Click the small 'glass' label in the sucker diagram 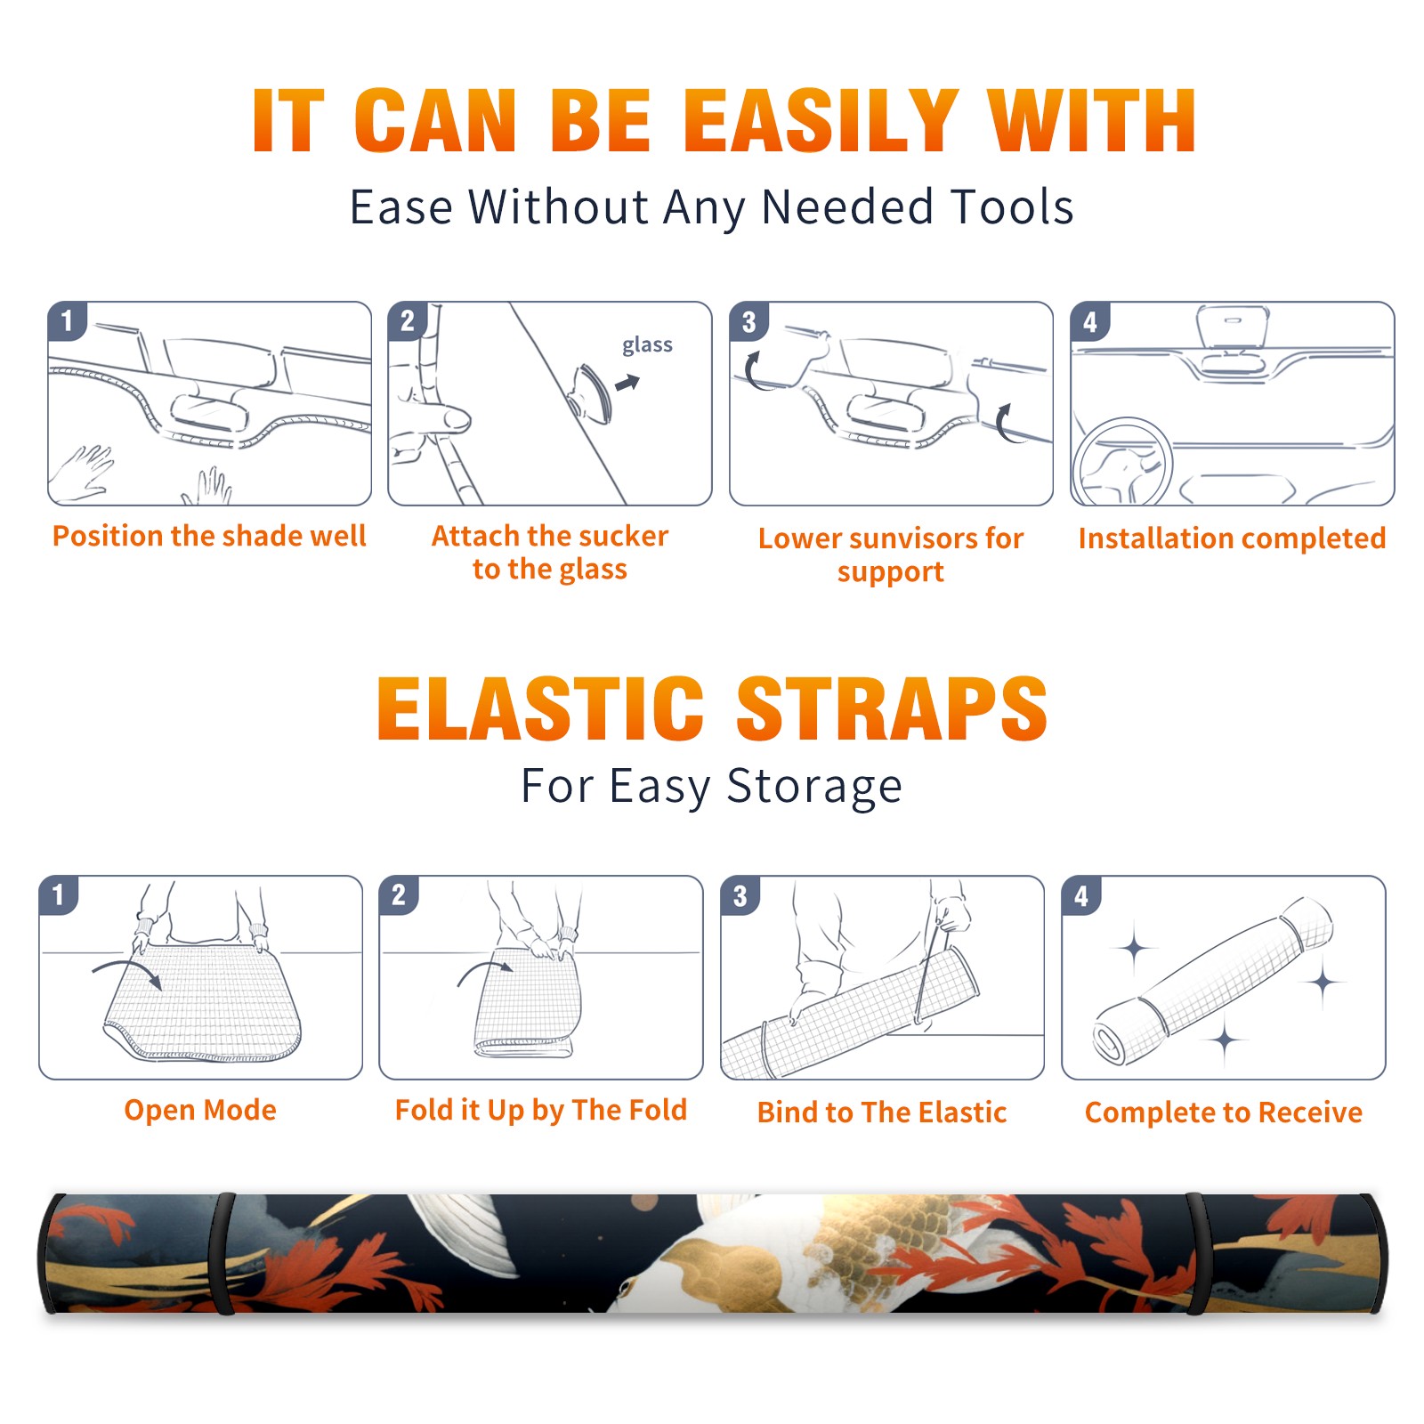pyautogui.click(x=647, y=345)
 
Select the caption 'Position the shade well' pyautogui.click(x=209, y=536)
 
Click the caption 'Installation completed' pyautogui.click(x=1232, y=538)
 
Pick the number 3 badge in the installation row pyautogui.click(x=748, y=321)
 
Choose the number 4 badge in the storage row pyautogui.click(x=1081, y=895)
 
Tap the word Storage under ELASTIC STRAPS pyautogui.click(x=814, y=787)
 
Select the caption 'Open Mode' pyautogui.click(x=200, y=1110)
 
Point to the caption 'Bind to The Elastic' pyautogui.click(x=882, y=1112)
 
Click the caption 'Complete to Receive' pyautogui.click(x=1224, y=1112)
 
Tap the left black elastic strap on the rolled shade pyautogui.click(x=222, y=1254)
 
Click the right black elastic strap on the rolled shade pyautogui.click(x=1198, y=1254)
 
